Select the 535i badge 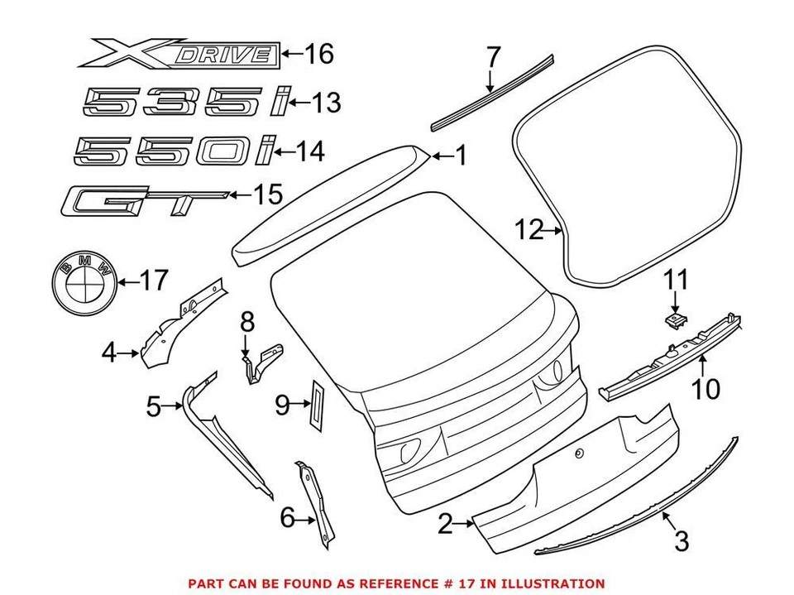pyautogui.click(x=186, y=104)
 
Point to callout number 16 pyautogui.click(x=318, y=55)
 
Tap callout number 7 pyautogui.click(x=493, y=58)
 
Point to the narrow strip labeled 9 pyautogui.click(x=317, y=404)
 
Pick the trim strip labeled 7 pyautogui.click(x=493, y=91)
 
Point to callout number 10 pyautogui.click(x=706, y=388)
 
